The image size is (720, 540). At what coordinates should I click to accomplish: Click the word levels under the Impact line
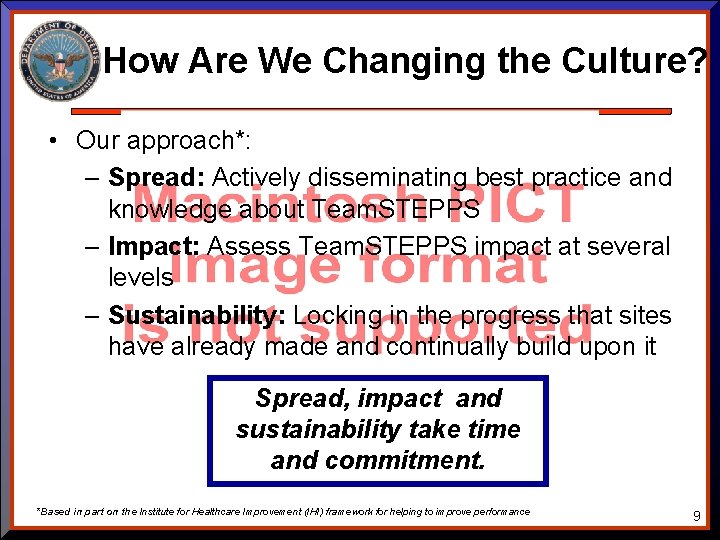click(141, 277)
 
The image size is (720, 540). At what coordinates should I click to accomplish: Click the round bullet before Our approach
click(50, 140)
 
